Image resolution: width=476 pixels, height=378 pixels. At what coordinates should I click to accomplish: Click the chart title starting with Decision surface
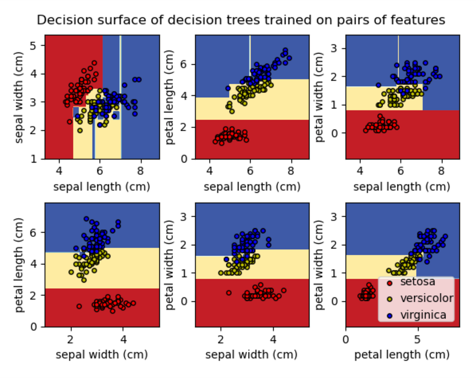click(241, 20)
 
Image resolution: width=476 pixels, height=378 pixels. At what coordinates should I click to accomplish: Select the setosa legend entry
click(417, 282)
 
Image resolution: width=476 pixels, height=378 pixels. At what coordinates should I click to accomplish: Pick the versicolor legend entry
click(426, 298)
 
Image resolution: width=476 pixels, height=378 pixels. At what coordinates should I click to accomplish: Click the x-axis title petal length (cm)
click(402, 355)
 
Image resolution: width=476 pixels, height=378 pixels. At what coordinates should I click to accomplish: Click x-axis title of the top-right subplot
click(402, 187)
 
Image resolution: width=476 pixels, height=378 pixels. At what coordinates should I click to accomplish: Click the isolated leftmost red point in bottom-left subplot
click(79, 306)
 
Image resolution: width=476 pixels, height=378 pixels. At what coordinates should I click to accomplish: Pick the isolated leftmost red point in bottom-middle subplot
click(228, 293)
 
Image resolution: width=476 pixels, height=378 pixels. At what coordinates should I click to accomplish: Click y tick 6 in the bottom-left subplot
click(37, 232)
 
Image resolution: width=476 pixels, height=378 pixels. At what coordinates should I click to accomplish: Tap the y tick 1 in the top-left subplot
click(37, 159)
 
